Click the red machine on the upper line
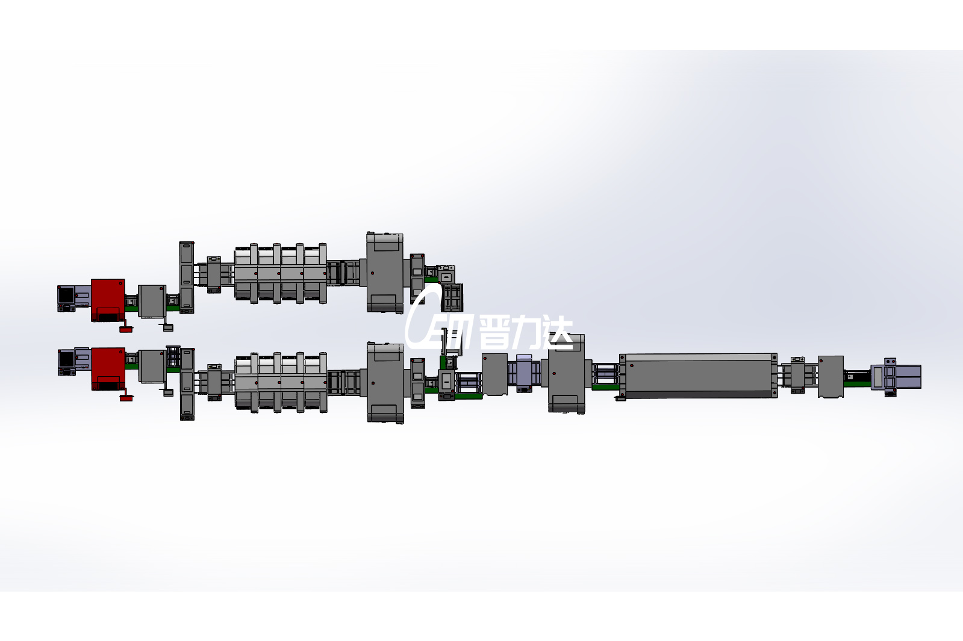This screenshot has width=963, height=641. point(108,300)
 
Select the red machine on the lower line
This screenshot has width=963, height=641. point(108,369)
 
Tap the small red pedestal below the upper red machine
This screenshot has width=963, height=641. point(126,329)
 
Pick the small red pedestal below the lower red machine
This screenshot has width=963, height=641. point(126,398)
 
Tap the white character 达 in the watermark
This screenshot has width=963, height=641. point(557,333)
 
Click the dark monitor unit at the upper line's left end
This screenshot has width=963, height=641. point(66,298)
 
